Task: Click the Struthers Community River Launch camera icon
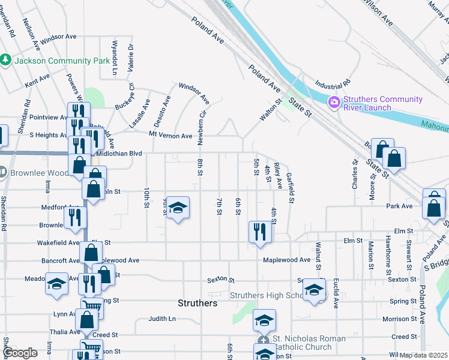pos(333,103)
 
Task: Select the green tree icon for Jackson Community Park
pos(5,60)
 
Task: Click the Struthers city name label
pos(197,303)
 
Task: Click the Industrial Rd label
pos(331,84)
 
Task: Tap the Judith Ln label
pos(162,319)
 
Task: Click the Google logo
pos(20,353)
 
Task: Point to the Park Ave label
pos(400,206)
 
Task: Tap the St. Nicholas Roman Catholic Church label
pos(309,343)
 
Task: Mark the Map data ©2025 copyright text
pos(424,355)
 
